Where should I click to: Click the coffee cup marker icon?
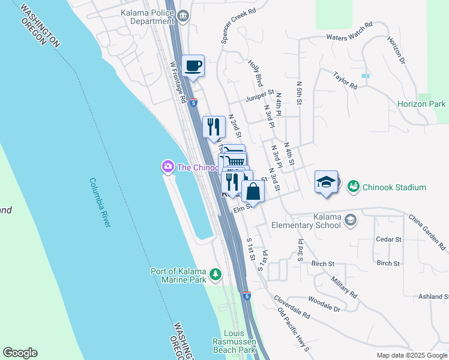point(193,65)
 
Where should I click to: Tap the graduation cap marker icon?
point(325,182)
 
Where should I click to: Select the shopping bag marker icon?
point(253,192)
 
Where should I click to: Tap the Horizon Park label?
point(421,104)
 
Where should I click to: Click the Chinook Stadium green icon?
point(353,187)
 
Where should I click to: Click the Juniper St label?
point(259,98)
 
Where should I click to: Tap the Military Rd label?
point(344,288)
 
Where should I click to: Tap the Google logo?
point(20,353)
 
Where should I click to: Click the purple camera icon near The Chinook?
point(168,167)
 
